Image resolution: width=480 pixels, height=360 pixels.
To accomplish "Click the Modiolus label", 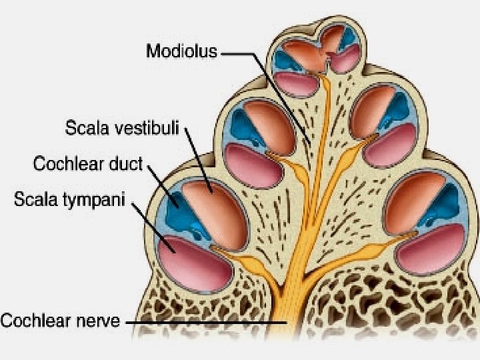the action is (x=181, y=51).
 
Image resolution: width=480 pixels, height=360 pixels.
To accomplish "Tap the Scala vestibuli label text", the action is (x=122, y=129).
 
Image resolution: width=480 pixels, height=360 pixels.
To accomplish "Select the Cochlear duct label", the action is (x=88, y=163).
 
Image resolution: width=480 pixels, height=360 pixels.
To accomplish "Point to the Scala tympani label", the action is (x=70, y=198).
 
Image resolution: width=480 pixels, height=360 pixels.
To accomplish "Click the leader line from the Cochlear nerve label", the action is (x=207, y=322).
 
